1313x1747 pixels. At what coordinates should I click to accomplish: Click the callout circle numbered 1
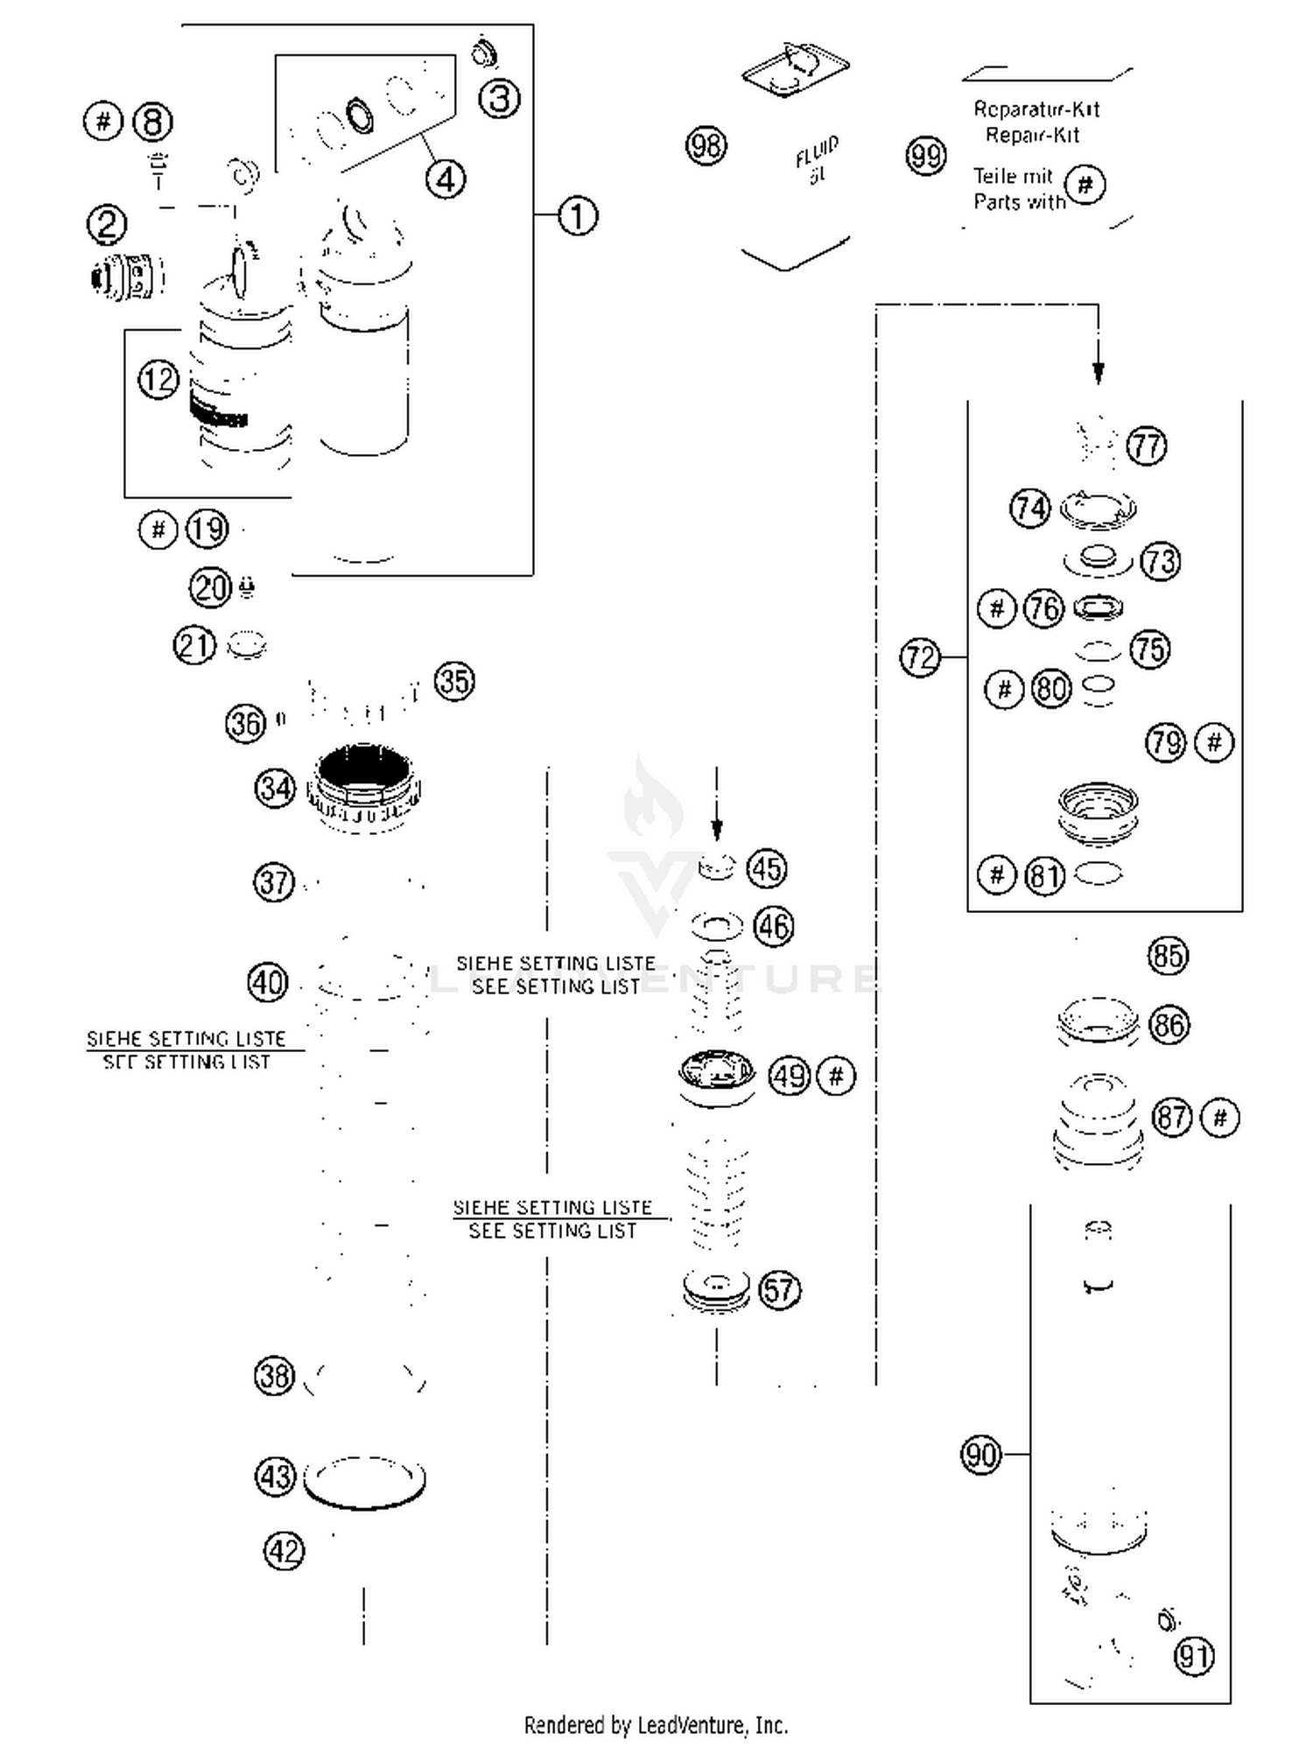pyautogui.click(x=578, y=215)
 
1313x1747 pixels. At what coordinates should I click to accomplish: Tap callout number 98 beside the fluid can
pyautogui.click(x=706, y=145)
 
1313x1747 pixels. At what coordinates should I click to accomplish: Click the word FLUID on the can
pyautogui.click(x=816, y=151)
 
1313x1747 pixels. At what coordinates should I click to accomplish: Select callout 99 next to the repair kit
pyautogui.click(x=925, y=156)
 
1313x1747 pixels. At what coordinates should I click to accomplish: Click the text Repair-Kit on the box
pyautogui.click(x=1032, y=136)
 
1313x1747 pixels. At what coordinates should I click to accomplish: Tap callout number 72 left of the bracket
pyautogui.click(x=919, y=657)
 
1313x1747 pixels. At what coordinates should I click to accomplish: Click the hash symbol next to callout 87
pyautogui.click(x=1220, y=1118)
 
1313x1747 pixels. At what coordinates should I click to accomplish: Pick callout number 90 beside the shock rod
pyautogui.click(x=979, y=1455)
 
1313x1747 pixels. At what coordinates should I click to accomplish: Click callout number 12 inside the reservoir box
pyautogui.click(x=158, y=380)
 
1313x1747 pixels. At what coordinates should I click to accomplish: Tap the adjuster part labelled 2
pyautogui.click(x=127, y=277)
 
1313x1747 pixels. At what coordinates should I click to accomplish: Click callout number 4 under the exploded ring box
pyautogui.click(x=446, y=179)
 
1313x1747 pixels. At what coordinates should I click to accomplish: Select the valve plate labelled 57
pyautogui.click(x=716, y=1288)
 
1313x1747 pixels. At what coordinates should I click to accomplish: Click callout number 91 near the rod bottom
pyautogui.click(x=1194, y=1656)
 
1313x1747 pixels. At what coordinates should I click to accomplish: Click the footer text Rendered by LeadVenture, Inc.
pyautogui.click(x=656, y=1724)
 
